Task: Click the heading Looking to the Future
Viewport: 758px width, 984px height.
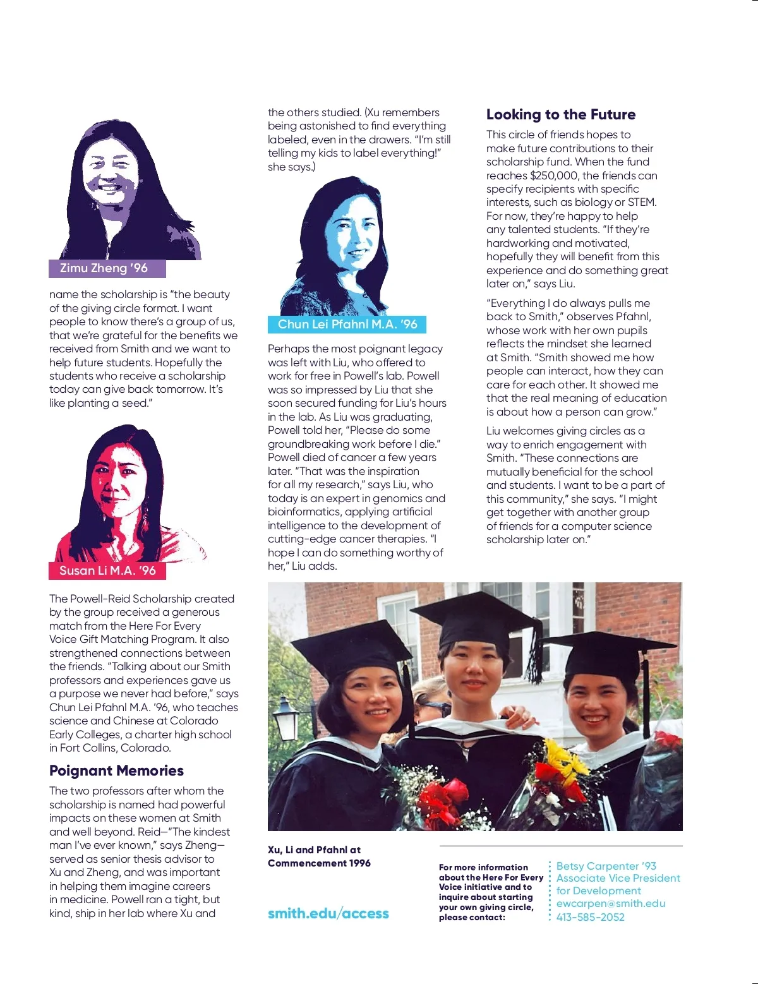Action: [560, 114]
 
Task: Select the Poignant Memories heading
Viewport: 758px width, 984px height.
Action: [116, 771]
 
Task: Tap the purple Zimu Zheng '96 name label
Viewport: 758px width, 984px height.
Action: [107, 268]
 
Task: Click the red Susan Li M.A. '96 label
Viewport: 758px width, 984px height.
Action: [107, 570]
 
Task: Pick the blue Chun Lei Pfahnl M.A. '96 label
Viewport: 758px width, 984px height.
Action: [347, 324]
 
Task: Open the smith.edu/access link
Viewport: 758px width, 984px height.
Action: [328, 913]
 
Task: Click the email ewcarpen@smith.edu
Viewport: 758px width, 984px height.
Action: [610, 903]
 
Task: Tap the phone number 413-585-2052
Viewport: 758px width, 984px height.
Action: [590, 917]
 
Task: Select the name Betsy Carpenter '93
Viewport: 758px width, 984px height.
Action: [606, 866]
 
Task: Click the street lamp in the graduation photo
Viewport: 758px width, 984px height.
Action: [285, 717]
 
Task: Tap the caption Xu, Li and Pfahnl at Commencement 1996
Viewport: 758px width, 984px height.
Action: [318, 856]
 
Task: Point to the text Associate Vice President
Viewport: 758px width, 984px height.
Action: [618, 878]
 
